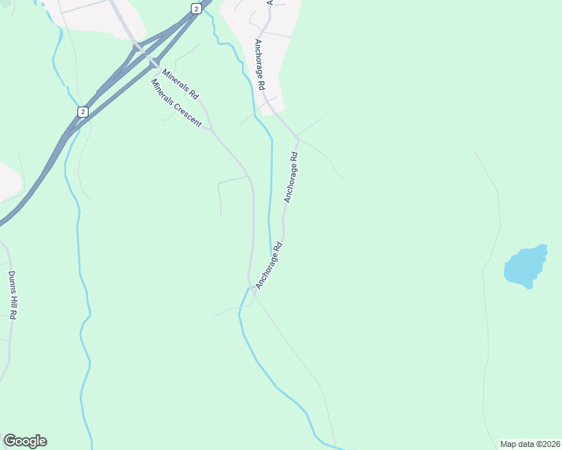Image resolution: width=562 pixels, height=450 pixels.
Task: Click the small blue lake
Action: (x=525, y=265)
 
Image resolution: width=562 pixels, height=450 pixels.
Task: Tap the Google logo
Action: (x=25, y=441)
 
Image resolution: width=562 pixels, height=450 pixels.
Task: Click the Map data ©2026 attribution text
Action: (x=530, y=443)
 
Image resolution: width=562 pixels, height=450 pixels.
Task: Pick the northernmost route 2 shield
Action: (x=196, y=8)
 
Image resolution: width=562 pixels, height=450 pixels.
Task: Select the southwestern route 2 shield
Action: (x=82, y=112)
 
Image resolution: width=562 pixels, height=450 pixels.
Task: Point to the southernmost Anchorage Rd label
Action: (x=268, y=265)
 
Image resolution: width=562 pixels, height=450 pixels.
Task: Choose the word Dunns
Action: (x=10, y=280)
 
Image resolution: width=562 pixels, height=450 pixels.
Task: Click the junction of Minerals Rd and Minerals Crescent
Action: (x=212, y=129)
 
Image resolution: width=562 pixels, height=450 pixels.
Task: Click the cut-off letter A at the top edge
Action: (x=269, y=2)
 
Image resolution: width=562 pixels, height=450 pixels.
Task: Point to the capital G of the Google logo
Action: (x=10, y=440)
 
